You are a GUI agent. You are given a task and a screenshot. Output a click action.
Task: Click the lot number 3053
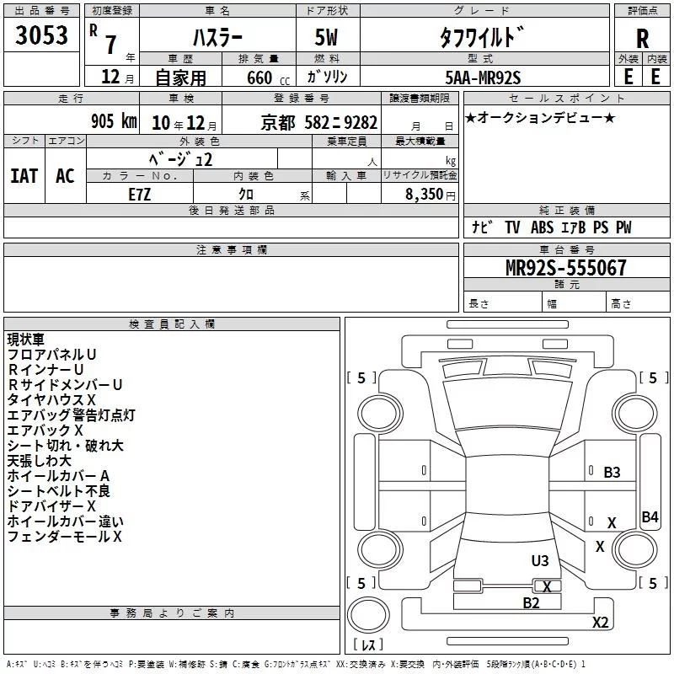click(x=41, y=35)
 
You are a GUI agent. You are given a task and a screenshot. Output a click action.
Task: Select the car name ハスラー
click(x=217, y=37)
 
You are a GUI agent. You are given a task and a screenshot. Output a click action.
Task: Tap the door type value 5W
click(x=326, y=37)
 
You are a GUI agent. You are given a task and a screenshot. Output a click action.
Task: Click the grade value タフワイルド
click(x=482, y=37)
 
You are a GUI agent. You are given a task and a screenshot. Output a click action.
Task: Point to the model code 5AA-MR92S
click(x=483, y=78)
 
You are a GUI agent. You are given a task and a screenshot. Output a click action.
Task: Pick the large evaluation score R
click(x=642, y=39)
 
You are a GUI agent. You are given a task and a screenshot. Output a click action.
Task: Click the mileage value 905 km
click(x=114, y=120)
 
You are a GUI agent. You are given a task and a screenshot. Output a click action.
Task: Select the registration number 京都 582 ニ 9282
click(x=319, y=122)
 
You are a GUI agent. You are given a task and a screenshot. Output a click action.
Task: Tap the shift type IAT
click(x=24, y=176)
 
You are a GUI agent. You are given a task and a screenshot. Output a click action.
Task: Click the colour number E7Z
click(x=140, y=195)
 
